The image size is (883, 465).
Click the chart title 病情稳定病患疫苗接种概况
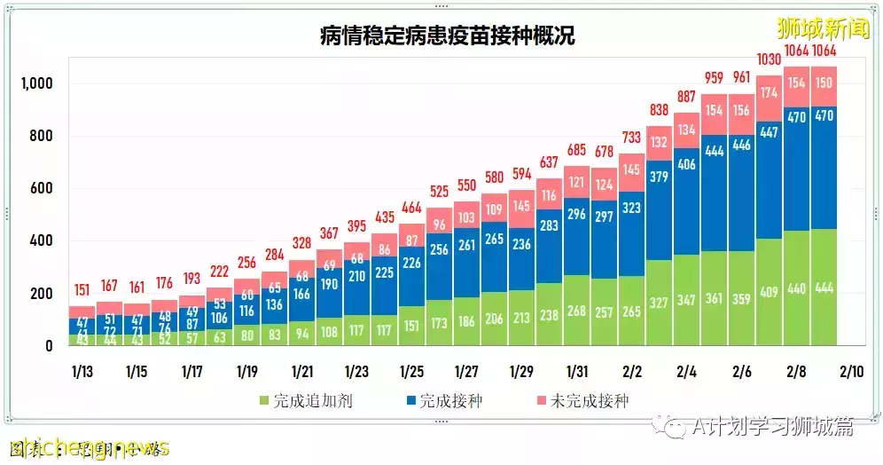click(x=447, y=35)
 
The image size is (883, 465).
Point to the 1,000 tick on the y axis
click(x=36, y=83)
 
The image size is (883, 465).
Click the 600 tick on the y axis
click(x=42, y=188)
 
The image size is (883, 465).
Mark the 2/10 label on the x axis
click(x=851, y=370)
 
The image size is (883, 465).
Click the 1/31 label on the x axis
click(x=576, y=370)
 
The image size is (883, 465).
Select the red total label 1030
click(x=769, y=59)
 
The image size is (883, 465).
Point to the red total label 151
click(x=82, y=289)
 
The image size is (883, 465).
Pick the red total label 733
click(x=631, y=138)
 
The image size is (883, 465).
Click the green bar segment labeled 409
click(x=769, y=291)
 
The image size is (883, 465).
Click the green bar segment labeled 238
click(x=549, y=314)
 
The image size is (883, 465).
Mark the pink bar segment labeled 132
click(x=659, y=143)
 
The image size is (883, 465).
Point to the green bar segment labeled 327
click(x=659, y=303)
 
